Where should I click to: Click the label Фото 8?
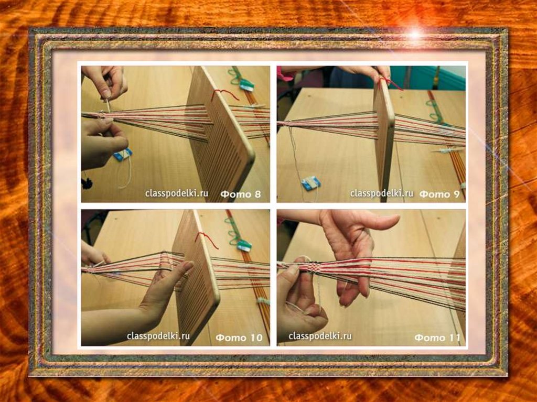coord(240,194)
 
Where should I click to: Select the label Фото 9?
coord(439,194)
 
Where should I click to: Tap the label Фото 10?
coord(239,338)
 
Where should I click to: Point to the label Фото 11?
coord(437,338)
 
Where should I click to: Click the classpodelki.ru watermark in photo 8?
coord(176,193)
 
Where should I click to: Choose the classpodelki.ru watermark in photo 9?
coord(382,193)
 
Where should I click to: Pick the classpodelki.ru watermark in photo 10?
coord(158,336)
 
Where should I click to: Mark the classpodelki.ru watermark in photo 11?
coord(320,336)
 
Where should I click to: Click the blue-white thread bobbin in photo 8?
coord(123,155)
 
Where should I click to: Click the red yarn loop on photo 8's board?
coord(224,94)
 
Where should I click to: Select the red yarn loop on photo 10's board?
coord(207,239)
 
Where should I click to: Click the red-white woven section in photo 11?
coord(310,267)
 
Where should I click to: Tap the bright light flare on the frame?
coord(415,34)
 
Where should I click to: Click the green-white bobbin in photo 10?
coord(244,244)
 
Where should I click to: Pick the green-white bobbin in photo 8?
coord(246,85)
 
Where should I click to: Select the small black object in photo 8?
coord(87,183)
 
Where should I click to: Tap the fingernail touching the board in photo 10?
coord(187,265)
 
